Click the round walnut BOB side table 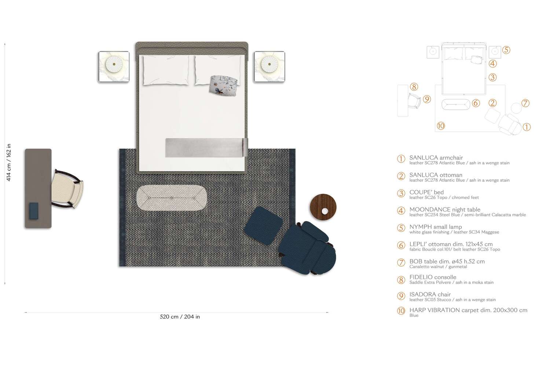point(323,207)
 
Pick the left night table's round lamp point(114,64)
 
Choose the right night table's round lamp point(269,64)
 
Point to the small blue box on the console point(34,211)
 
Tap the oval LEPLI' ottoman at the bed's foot point(172,198)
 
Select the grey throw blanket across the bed point(206,147)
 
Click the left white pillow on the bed point(166,70)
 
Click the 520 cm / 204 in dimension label point(180,317)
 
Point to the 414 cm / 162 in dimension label point(9,163)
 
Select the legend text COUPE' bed point(426,192)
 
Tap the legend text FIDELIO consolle point(433,277)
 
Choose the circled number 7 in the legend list point(401,263)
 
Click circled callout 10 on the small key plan point(441,126)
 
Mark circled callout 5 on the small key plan point(506,50)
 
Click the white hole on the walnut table point(324,211)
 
